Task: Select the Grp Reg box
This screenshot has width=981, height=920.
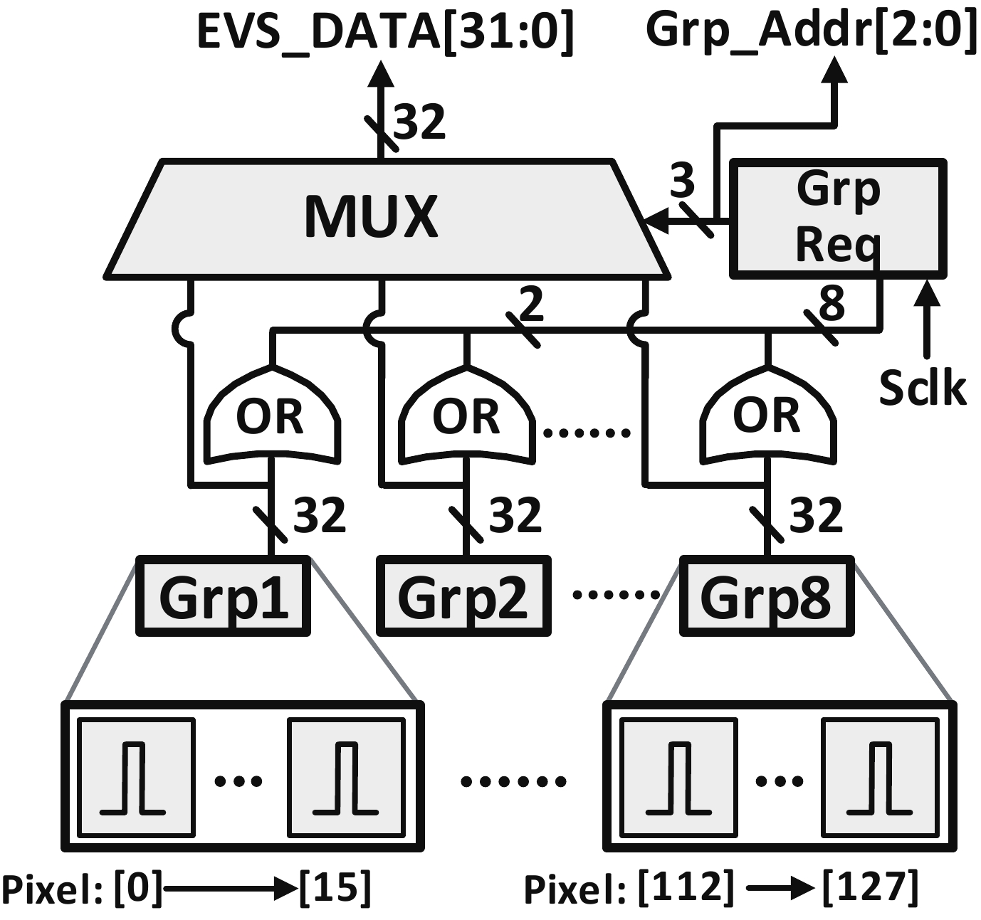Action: (x=839, y=218)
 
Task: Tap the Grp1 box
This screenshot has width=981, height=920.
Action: (x=223, y=596)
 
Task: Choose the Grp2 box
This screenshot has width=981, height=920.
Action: (x=463, y=596)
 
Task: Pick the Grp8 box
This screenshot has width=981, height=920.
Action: (x=767, y=596)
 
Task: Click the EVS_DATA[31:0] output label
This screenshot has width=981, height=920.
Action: (x=384, y=31)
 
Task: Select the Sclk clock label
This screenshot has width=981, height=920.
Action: (x=923, y=388)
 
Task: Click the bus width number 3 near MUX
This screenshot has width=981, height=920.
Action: (x=682, y=181)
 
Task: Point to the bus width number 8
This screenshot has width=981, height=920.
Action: (x=832, y=303)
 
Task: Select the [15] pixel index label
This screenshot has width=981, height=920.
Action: (x=335, y=887)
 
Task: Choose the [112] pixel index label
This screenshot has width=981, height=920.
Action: (x=686, y=887)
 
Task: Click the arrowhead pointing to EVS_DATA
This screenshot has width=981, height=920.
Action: (x=382, y=74)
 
